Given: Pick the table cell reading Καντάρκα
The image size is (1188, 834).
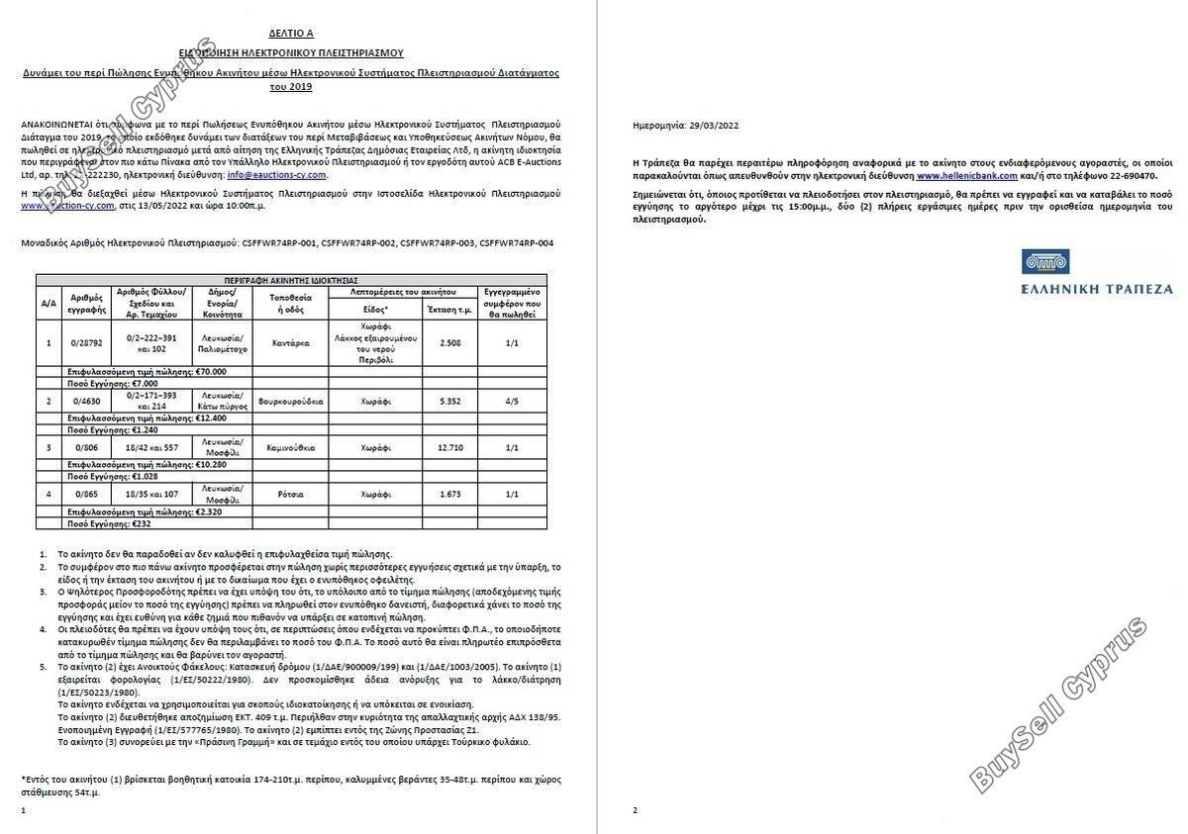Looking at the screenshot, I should click(x=290, y=343).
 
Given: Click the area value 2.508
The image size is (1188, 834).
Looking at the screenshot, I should click(x=449, y=343).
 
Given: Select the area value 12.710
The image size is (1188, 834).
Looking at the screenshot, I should click(x=449, y=447).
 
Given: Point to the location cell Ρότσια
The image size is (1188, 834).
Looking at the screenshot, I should click(x=290, y=494).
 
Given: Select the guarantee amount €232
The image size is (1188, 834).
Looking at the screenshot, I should click(x=146, y=523).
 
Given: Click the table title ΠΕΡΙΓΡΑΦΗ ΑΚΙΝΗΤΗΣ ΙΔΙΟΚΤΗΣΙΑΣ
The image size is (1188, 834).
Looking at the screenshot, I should click(x=291, y=280).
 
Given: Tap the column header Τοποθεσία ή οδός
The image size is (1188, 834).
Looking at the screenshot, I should click(x=290, y=302).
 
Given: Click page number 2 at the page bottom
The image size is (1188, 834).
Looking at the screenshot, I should click(x=635, y=810).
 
